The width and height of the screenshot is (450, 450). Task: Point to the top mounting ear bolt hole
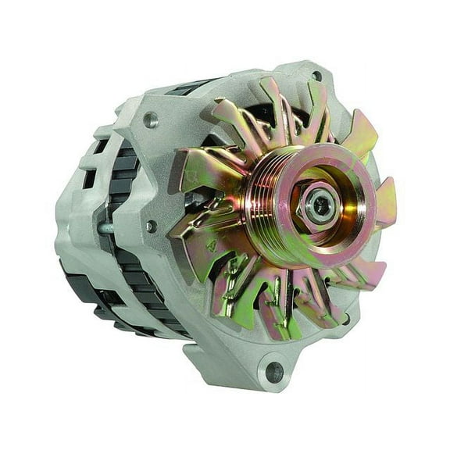point(316,77)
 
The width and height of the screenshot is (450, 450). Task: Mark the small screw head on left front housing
point(150,227)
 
